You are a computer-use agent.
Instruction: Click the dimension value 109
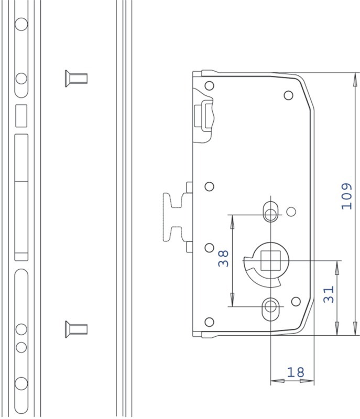[x=346, y=196]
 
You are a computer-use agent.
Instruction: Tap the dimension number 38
[x=223, y=258]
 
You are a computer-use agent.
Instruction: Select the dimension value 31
[x=329, y=294]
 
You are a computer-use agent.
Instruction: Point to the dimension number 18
[x=296, y=372]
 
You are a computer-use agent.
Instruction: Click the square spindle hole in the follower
[x=270, y=260]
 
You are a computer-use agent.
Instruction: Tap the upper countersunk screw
[x=76, y=79]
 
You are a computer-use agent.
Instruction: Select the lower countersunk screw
[x=76, y=329]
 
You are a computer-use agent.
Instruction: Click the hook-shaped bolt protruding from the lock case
[x=175, y=217]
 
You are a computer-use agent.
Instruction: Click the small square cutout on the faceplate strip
[x=21, y=116]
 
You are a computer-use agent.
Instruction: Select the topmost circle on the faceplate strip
[x=21, y=24]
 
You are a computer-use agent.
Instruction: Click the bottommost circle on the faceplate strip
[x=21, y=383]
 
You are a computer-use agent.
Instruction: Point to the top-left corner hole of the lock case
[x=209, y=86]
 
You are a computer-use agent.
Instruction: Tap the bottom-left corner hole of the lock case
[x=209, y=322]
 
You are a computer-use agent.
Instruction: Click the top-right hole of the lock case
[x=288, y=95]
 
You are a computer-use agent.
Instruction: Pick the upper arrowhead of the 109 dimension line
[x=355, y=79]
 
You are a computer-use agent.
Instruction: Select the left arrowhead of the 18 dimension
[x=277, y=381]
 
